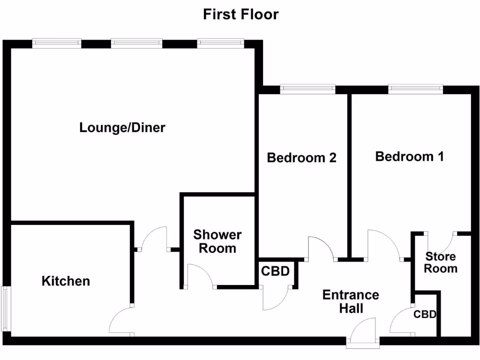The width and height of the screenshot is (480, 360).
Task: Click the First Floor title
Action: tap(240, 14)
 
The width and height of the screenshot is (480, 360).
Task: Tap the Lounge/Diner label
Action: tap(122, 127)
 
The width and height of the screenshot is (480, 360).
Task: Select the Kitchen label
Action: tap(66, 281)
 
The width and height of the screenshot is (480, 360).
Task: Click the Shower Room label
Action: tap(217, 241)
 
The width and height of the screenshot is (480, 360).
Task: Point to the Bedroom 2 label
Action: tap(301, 157)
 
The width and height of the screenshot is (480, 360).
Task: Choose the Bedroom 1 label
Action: tap(409, 157)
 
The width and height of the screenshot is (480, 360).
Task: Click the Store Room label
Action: tap(441, 262)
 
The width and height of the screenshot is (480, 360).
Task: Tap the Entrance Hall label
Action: tap(351, 301)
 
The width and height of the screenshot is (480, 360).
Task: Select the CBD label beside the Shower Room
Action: tap(275, 271)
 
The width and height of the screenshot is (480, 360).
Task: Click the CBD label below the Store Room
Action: tap(425, 315)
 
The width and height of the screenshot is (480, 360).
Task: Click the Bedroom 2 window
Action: tap(307, 89)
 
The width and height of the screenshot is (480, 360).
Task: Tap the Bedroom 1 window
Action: tap(415, 89)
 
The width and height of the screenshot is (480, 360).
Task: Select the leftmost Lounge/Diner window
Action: tap(57, 43)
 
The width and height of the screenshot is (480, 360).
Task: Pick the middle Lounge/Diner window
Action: tap(136, 43)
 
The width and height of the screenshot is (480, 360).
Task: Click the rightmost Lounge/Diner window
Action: tap(220, 43)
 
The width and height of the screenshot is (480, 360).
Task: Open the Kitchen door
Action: tap(121, 321)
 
